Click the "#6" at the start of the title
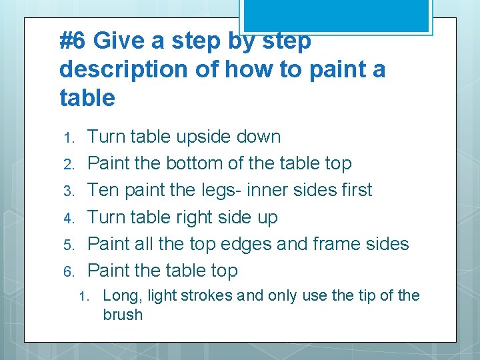[72, 41]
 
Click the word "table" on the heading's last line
[87, 97]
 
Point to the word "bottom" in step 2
[194, 163]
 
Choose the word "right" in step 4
[194, 217]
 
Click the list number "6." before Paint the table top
[69, 271]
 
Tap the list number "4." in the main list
[69, 218]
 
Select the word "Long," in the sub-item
[123, 296]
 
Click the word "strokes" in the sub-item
[206, 295]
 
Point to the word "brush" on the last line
[123, 315]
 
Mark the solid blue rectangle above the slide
[336, 15]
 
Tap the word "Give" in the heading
[119, 41]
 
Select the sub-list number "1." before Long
[84, 297]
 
